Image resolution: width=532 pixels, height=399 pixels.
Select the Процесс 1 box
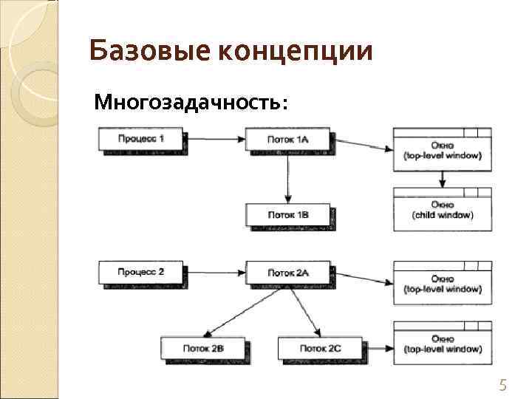[x=140, y=139]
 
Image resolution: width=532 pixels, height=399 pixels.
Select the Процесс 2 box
[x=140, y=272]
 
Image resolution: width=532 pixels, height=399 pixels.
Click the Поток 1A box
[x=287, y=139]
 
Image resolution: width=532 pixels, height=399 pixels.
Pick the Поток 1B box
[x=287, y=214]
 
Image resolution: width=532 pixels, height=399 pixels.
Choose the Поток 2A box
[x=287, y=272]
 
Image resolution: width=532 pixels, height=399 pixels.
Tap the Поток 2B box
[x=203, y=347]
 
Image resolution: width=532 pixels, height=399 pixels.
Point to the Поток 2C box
[x=320, y=347]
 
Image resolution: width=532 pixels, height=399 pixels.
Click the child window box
[x=442, y=210]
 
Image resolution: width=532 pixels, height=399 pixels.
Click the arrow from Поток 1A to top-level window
[x=362, y=143]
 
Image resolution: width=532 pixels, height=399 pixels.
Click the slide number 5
[x=503, y=384]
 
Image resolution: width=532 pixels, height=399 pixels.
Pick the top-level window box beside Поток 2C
[x=442, y=343]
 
